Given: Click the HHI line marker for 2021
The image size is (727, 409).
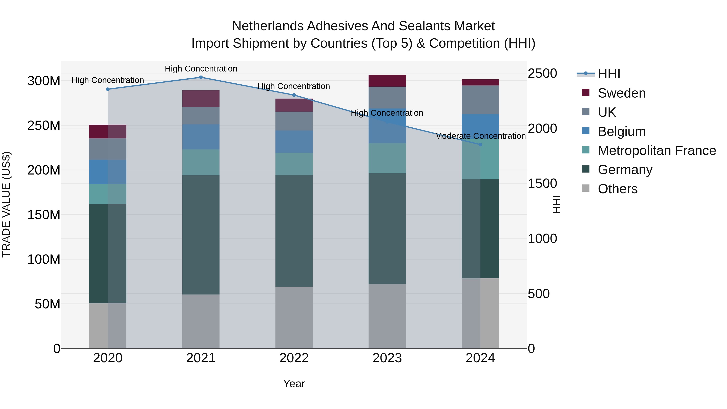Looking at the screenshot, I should [201, 77].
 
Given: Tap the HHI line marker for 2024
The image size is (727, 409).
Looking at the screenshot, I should [480, 145].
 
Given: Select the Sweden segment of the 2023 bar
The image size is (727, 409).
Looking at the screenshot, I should [387, 81].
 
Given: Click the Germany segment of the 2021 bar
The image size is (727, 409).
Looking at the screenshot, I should [201, 235].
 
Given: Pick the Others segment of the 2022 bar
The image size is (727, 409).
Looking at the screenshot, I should [294, 318].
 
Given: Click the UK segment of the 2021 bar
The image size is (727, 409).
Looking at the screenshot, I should [201, 116].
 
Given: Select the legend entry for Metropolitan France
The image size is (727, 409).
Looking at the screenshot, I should [657, 150].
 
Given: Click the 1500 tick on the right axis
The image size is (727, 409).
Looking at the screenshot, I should [542, 183].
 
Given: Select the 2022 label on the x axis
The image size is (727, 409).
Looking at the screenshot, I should [294, 358].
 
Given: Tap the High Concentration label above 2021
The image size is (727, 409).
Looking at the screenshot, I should [201, 69].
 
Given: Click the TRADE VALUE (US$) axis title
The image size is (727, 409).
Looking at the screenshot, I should [6, 204].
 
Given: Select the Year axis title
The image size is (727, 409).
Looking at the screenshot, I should [294, 384].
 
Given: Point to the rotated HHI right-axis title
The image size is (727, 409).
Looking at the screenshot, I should [556, 204].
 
